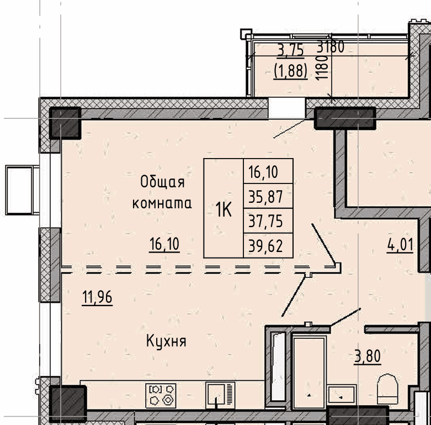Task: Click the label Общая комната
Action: pos(162,193)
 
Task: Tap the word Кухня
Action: pos(166,342)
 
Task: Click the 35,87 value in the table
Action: pos(265,197)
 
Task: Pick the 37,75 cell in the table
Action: pos(265,221)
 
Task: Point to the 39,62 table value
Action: pos(265,246)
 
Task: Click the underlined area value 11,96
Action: pos(97,297)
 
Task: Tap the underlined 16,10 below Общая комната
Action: pos(164,244)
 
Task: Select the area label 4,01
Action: pos(400,245)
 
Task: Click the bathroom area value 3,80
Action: pos(368,356)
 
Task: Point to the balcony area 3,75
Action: pos(291,51)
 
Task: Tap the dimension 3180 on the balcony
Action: pos(331,47)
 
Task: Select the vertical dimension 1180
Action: pos(322,68)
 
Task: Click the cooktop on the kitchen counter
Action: pos(161,396)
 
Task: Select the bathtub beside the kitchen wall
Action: pos(278,366)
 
